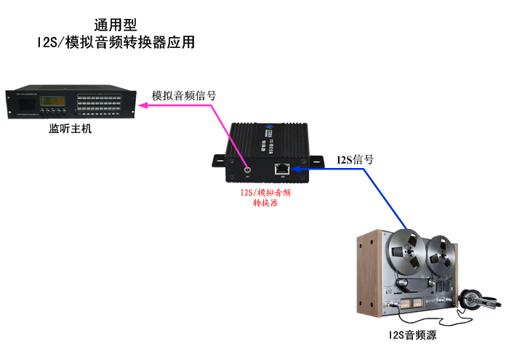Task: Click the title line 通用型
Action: tap(116, 25)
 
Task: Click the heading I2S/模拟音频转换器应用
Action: tap(116, 42)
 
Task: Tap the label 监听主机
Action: tap(71, 129)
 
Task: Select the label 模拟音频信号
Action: tap(183, 95)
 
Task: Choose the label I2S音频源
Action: tap(412, 335)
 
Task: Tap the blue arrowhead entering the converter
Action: tap(297, 169)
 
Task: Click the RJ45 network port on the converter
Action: tap(282, 169)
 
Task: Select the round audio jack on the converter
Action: tap(248, 169)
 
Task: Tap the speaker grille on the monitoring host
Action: tap(21, 110)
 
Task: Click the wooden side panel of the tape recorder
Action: tap(367, 276)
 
